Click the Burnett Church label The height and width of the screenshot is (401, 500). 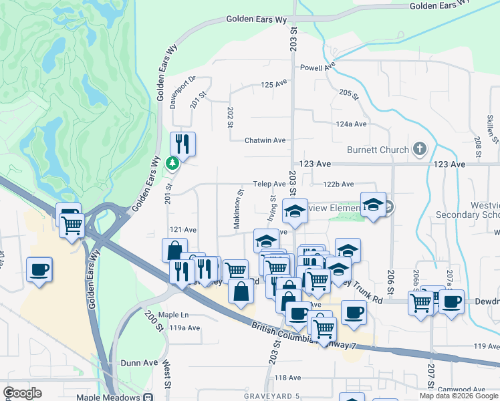click(377, 150)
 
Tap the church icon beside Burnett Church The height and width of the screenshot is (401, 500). click(420, 148)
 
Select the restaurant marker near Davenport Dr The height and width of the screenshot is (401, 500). click(182, 143)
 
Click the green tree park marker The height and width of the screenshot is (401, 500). click(172, 162)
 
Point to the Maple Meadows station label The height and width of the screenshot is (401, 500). click(107, 397)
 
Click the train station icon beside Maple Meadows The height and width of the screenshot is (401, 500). click(146, 397)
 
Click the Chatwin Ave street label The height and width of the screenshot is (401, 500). click(265, 140)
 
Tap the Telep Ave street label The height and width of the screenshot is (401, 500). click(269, 184)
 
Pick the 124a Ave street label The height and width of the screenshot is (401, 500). click(352, 124)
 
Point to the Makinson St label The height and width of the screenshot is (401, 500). click(237, 210)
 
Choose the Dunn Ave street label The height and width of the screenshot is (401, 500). click(139, 362)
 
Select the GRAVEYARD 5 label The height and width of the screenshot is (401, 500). click(271, 396)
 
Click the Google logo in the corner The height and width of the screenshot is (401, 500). click(23, 393)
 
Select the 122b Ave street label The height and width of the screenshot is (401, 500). click(339, 184)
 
